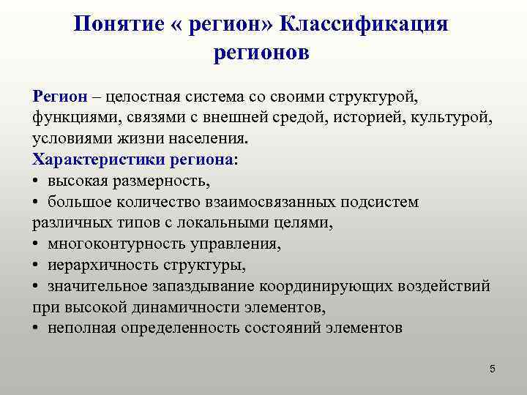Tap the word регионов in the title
(x=263, y=53)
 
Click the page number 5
(x=493, y=369)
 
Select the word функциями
(x=70, y=118)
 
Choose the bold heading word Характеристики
(x=100, y=159)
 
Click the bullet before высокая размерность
(x=36, y=181)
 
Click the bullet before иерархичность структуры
(x=36, y=265)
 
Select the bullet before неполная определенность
(x=36, y=328)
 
